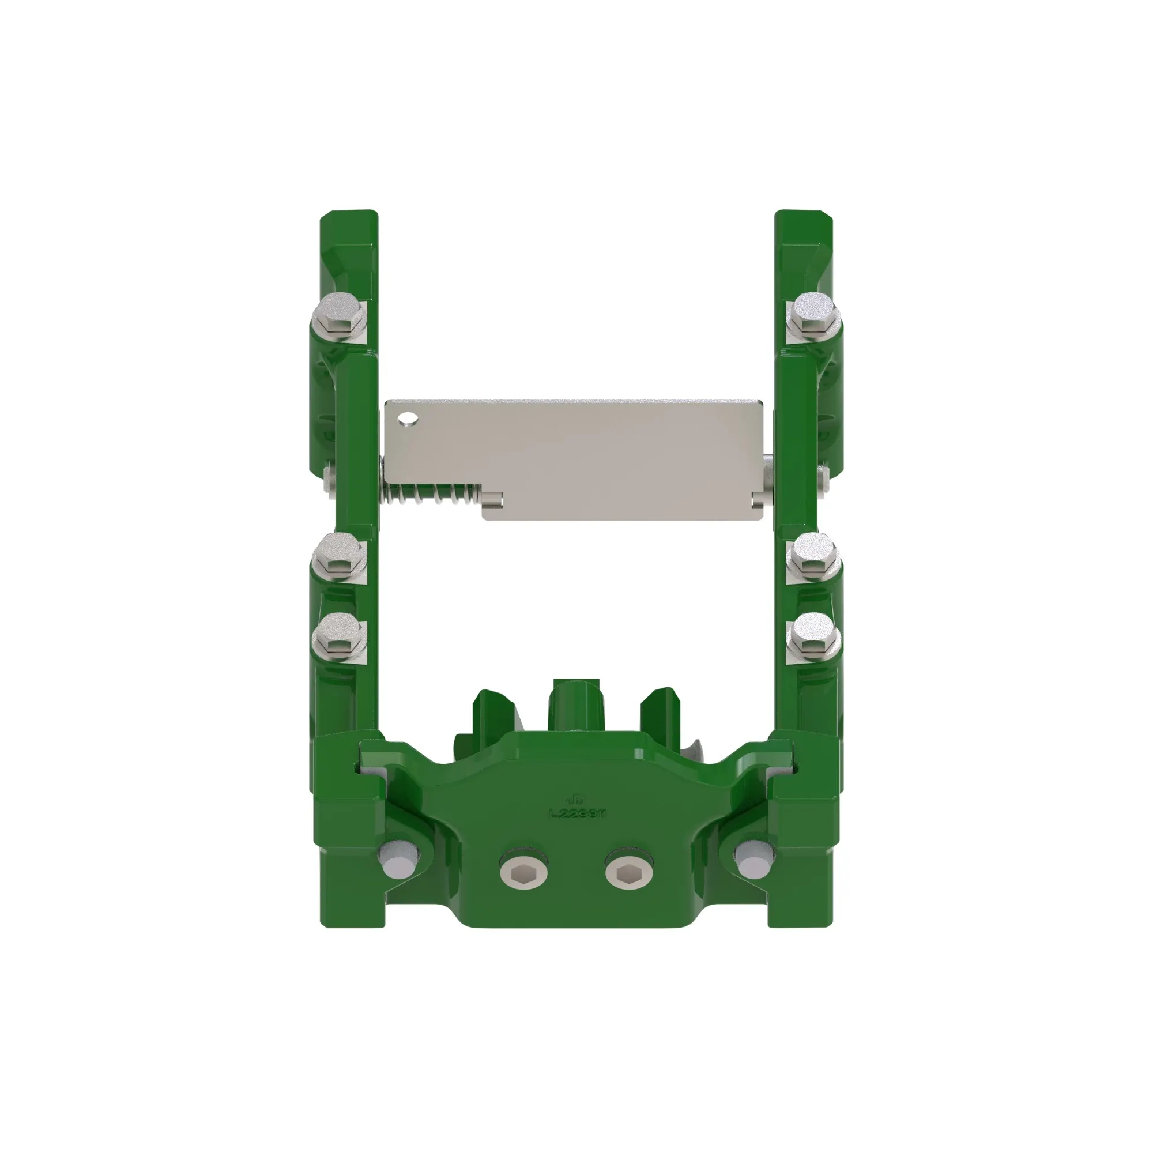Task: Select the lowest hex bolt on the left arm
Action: (339, 636)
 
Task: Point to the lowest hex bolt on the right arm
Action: (813, 636)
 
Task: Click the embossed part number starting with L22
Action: (578, 813)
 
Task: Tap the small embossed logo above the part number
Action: (577, 798)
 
